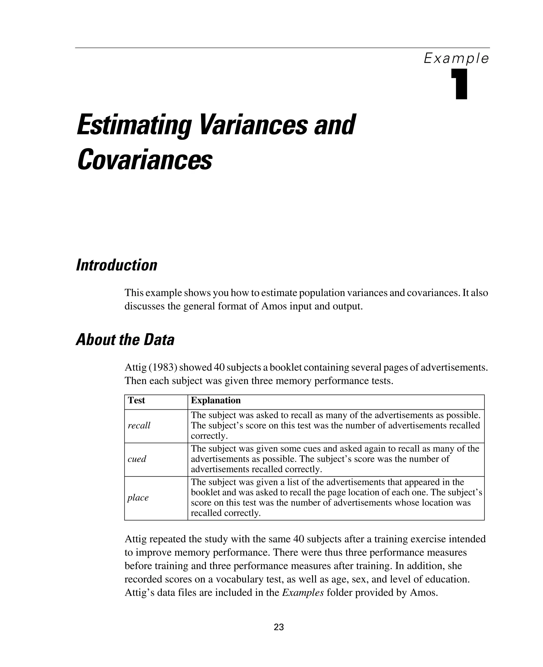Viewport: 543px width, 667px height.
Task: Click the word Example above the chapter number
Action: tap(456, 59)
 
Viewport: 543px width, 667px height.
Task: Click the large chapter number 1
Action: tap(459, 84)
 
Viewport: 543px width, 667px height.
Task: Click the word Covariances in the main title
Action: tap(144, 160)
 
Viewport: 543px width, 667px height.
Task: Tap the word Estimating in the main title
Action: tap(134, 125)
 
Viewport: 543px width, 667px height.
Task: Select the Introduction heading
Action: tap(117, 265)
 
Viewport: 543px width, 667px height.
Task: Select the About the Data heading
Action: tap(125, 340)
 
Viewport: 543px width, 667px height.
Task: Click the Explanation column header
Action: tap(216, 400)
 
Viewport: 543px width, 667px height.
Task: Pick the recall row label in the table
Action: tap(139, 425)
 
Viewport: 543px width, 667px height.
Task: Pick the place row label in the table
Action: tap(138, 498)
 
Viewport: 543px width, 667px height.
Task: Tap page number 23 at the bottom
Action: tap(278, 627)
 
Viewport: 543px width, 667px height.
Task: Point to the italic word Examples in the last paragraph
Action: tap(303, 593)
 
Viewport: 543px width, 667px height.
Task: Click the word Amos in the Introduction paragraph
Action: tap(274, 306)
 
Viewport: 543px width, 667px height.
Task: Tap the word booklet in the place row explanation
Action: tap(205, 492)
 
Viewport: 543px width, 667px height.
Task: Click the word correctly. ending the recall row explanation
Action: tap(209, 436)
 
